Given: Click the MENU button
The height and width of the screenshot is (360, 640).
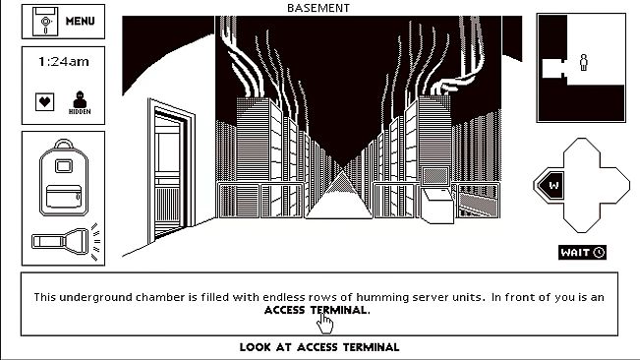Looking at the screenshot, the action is click(63, 22).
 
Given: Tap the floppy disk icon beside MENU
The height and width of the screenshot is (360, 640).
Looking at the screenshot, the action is click(45, 22).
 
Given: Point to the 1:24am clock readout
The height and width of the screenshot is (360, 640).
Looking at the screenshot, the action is click(63, 62).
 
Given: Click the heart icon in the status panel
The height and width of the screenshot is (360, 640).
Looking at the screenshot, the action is click(44, 101).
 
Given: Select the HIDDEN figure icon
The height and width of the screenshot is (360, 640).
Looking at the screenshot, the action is click(80, 102).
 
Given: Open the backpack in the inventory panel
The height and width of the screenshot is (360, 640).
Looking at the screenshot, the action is click(64, 178).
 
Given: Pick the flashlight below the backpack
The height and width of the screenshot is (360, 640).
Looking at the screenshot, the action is click(65, 241).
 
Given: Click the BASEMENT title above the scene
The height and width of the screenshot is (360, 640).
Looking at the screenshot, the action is click(319, 8).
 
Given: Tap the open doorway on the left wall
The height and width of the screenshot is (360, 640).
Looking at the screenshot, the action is click(170, 170).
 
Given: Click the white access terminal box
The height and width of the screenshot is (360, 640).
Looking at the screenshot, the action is click(437, 206).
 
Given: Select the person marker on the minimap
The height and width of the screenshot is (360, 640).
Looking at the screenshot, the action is click(584, 62).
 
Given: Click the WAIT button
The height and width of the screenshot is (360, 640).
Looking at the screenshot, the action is click(582, 252).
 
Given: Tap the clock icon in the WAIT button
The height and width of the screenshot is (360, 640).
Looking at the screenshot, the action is click(599, 252).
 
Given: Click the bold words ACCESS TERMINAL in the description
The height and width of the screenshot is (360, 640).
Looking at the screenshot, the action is click(317, 310).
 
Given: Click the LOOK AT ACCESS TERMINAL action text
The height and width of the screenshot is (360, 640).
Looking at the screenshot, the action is click(320, 347).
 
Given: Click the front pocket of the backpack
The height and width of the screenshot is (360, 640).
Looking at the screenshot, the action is click(64, 197).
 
